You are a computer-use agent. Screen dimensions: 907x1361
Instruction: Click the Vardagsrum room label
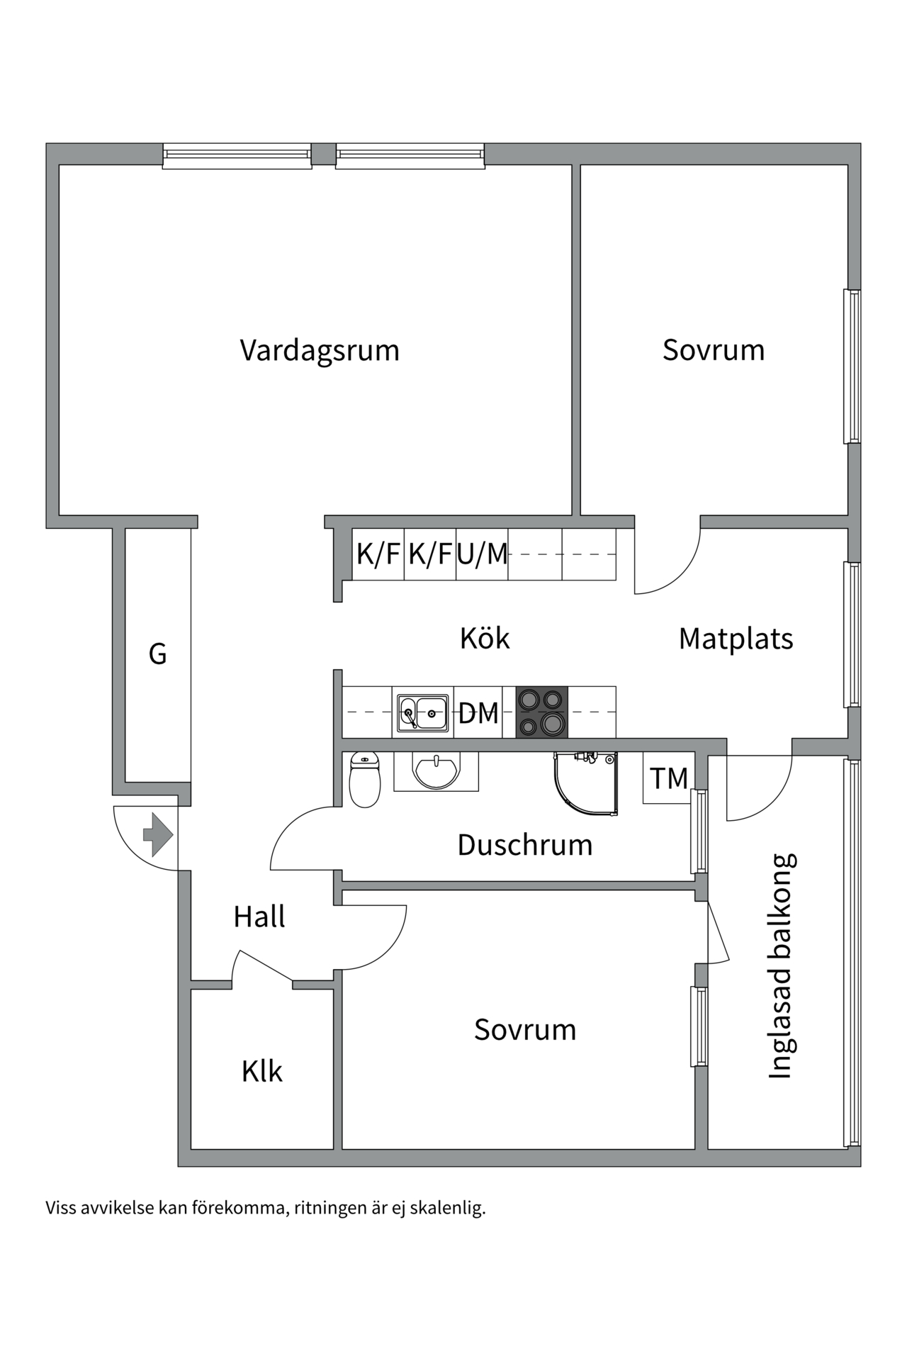(x=320, y=351)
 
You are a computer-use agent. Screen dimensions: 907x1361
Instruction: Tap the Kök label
(x=485, y=638)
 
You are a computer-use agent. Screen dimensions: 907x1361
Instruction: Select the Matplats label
(x=736, y=639)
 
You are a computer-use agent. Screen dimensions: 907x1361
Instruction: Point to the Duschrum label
(x=525, y=845)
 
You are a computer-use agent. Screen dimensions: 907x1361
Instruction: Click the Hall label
(x=259, y=917)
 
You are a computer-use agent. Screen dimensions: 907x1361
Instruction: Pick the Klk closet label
(x=262, y=1071)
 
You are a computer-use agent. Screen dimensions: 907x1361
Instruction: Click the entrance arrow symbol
(x=158, y=834)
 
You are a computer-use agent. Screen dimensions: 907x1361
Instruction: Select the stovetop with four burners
(x=542, y=712)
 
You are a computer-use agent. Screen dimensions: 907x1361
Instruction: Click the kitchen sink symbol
(x=422, y=712)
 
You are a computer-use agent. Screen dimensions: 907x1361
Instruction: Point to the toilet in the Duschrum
(x=365, y=779)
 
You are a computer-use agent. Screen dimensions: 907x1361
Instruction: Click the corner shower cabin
(x=586, y=783)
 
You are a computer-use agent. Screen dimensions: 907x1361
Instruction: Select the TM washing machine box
(x=668, y=778)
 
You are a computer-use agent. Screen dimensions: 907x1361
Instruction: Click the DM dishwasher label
(x=478, y=713)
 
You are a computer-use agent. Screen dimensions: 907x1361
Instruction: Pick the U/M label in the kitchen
(x=483, y=554)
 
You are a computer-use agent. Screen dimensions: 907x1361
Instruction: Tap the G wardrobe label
(x=157, y=654)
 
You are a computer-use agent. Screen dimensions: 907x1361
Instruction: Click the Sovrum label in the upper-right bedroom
(x=714, y=350)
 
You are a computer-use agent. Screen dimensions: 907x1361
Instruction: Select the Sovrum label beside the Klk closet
(x=525, y=1030)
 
